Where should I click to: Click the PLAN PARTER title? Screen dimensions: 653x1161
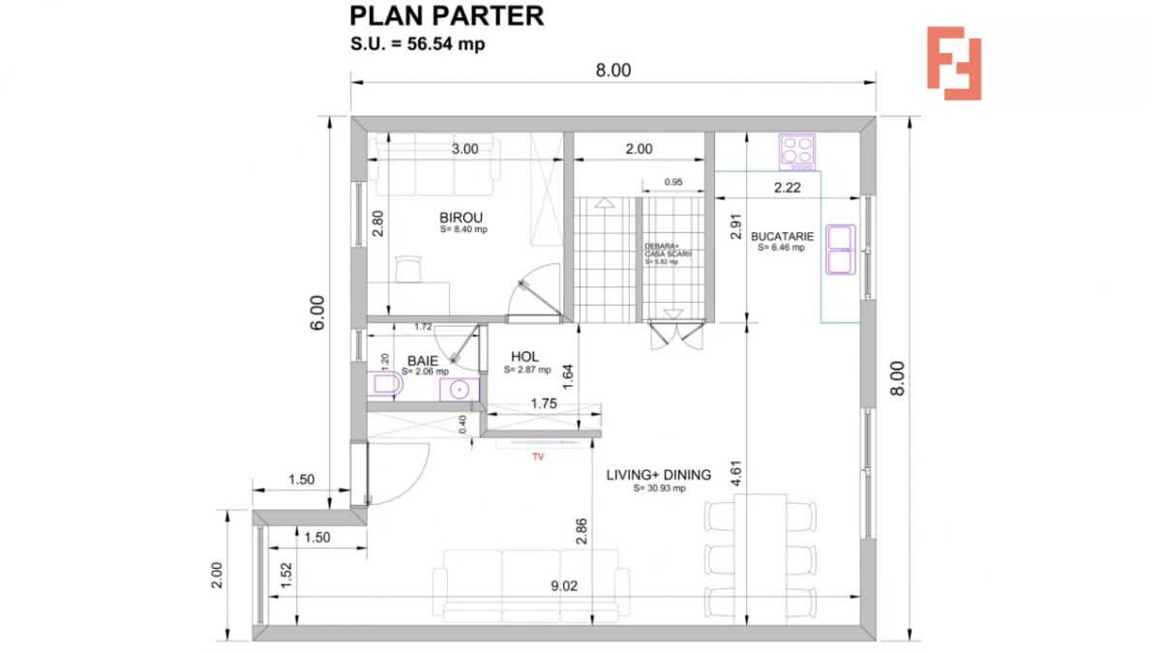(x=446, y=16)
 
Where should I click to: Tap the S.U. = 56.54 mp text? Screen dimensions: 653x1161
(x=417, y=45)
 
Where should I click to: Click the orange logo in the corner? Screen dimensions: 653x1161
(x=953, y=63)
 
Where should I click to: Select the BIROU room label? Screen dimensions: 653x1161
(x=461, y=218)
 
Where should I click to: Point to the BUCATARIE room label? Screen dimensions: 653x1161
(x=783, y=235)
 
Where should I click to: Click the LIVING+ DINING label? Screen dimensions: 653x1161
(x=658, y=475)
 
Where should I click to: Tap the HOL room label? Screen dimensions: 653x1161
(x=524, y=357)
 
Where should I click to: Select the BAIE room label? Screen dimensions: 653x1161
(x=423, y=361)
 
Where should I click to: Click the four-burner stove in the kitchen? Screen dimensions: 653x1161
(x=797, y=151)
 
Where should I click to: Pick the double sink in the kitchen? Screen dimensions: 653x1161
(x=839, y=250)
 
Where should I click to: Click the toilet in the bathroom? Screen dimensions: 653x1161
(x=386, y=386)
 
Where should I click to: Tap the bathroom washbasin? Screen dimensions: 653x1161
(x=459, y=389)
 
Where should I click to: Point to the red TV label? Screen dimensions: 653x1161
(x=538, y=458)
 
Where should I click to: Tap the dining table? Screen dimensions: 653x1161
(x=759, y=556)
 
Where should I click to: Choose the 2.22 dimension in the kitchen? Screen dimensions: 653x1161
(x=787, y=188)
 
